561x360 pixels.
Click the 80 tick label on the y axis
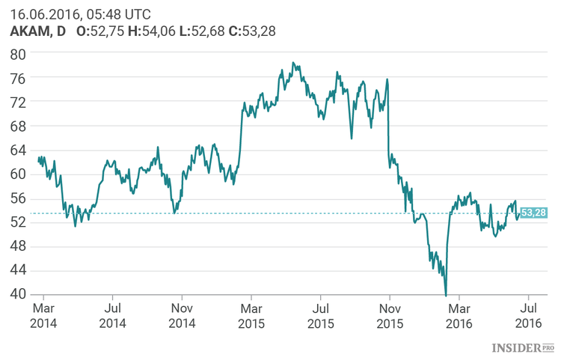17,54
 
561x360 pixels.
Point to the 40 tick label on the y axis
17,293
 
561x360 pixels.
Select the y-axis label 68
17,126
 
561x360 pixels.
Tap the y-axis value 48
17,245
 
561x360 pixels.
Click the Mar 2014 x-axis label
43,314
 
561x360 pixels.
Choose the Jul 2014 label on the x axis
112,314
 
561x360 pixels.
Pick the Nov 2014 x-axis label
183,314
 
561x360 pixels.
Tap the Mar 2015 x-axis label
252,314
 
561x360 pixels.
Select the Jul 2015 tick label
320,314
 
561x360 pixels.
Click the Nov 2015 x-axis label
390,314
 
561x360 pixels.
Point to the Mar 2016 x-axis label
459,314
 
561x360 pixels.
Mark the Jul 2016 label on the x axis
528,314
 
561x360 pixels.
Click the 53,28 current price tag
533,213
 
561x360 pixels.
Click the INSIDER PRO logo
523,348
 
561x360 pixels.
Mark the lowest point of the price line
446,295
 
